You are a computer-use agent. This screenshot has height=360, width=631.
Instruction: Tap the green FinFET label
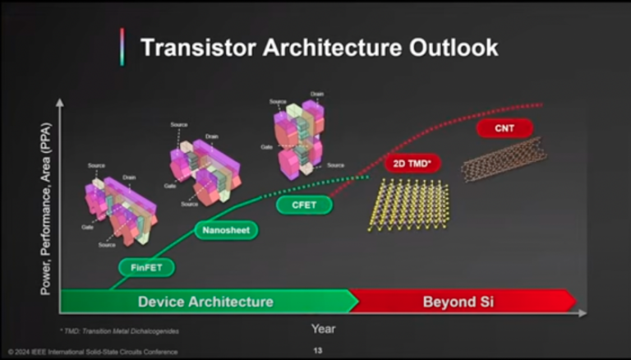tap(146, 267)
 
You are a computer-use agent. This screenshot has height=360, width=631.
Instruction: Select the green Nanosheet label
tap(226, 231)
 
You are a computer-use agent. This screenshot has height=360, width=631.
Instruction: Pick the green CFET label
tap(304, 205)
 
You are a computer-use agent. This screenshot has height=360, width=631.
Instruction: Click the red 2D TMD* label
tap(412, 164)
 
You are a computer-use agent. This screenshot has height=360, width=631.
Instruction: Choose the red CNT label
tap(504, 128)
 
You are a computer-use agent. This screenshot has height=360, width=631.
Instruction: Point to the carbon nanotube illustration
tap(503, 158)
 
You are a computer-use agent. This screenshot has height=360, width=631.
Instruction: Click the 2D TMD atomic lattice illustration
tap(408, 205)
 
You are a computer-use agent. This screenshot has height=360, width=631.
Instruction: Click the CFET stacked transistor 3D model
tap(299, 136)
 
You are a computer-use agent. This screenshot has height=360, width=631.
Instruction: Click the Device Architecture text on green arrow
tap(205, 302)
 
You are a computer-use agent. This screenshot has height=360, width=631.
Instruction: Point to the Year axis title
tap(322, 329)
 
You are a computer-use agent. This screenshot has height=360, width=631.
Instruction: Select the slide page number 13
tap(317, 351)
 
